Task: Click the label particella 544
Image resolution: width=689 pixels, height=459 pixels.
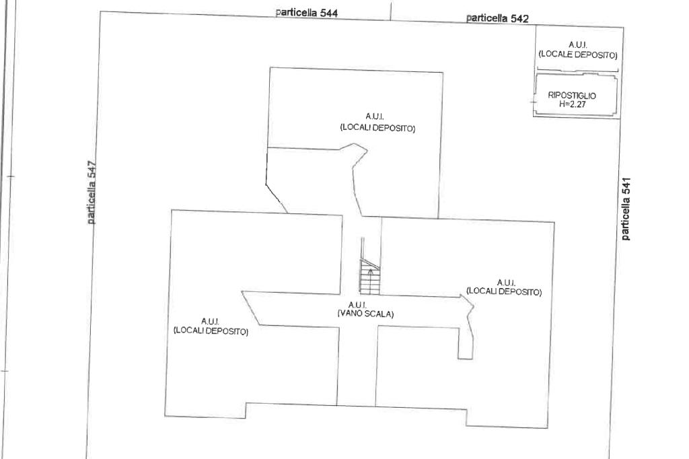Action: pyautogui.click(x=307, y=13)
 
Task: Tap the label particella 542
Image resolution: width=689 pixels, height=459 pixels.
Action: pyautogui.click(x=497, y=19)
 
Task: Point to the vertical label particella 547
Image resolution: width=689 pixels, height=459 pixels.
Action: pyautogui.click(x=92, y=192)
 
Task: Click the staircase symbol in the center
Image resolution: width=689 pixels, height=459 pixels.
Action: pyautogui.click(x=369, y=277)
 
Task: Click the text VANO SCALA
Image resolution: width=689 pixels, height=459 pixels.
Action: pyautogui.click(x=365, y=314)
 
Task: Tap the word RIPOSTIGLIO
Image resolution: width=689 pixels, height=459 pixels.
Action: pyautogui.click(x=572, y=96)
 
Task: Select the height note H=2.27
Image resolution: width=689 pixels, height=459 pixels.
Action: pyautogui.click(x=572, y=104)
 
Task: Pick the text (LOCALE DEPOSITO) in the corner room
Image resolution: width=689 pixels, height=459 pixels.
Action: pyautogui.click(x=578, y=55)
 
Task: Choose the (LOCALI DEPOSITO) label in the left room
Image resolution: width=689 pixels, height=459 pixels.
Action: pyautogui.click(x=211, y=331)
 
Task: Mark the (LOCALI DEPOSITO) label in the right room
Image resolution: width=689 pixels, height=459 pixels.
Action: pyautogui.click(x=504, y=291)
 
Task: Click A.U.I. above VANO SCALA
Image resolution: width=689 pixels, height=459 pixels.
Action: pyautogui.click(x=357, y=306)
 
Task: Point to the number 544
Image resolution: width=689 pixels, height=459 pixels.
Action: pyautogui.click(x=327, y=13)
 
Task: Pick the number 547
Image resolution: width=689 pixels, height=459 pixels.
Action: pyautogui.click(x=92, y=171)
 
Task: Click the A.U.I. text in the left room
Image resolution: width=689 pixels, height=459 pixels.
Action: pyautogui.click(x=210, y=321)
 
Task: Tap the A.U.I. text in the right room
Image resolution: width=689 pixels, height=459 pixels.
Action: pyautogui.click(x=506, y=282)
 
